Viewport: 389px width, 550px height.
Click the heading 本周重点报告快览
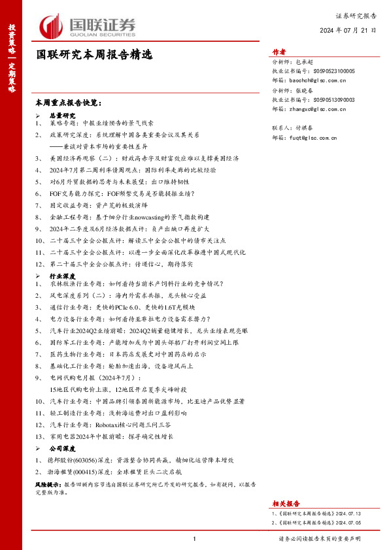pyautogui.click(x=69, y=103)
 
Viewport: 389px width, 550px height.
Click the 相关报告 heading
pyautogui.click(x=286, y=504)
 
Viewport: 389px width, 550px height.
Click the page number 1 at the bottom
pyautogui.click(x=195, y=539)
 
